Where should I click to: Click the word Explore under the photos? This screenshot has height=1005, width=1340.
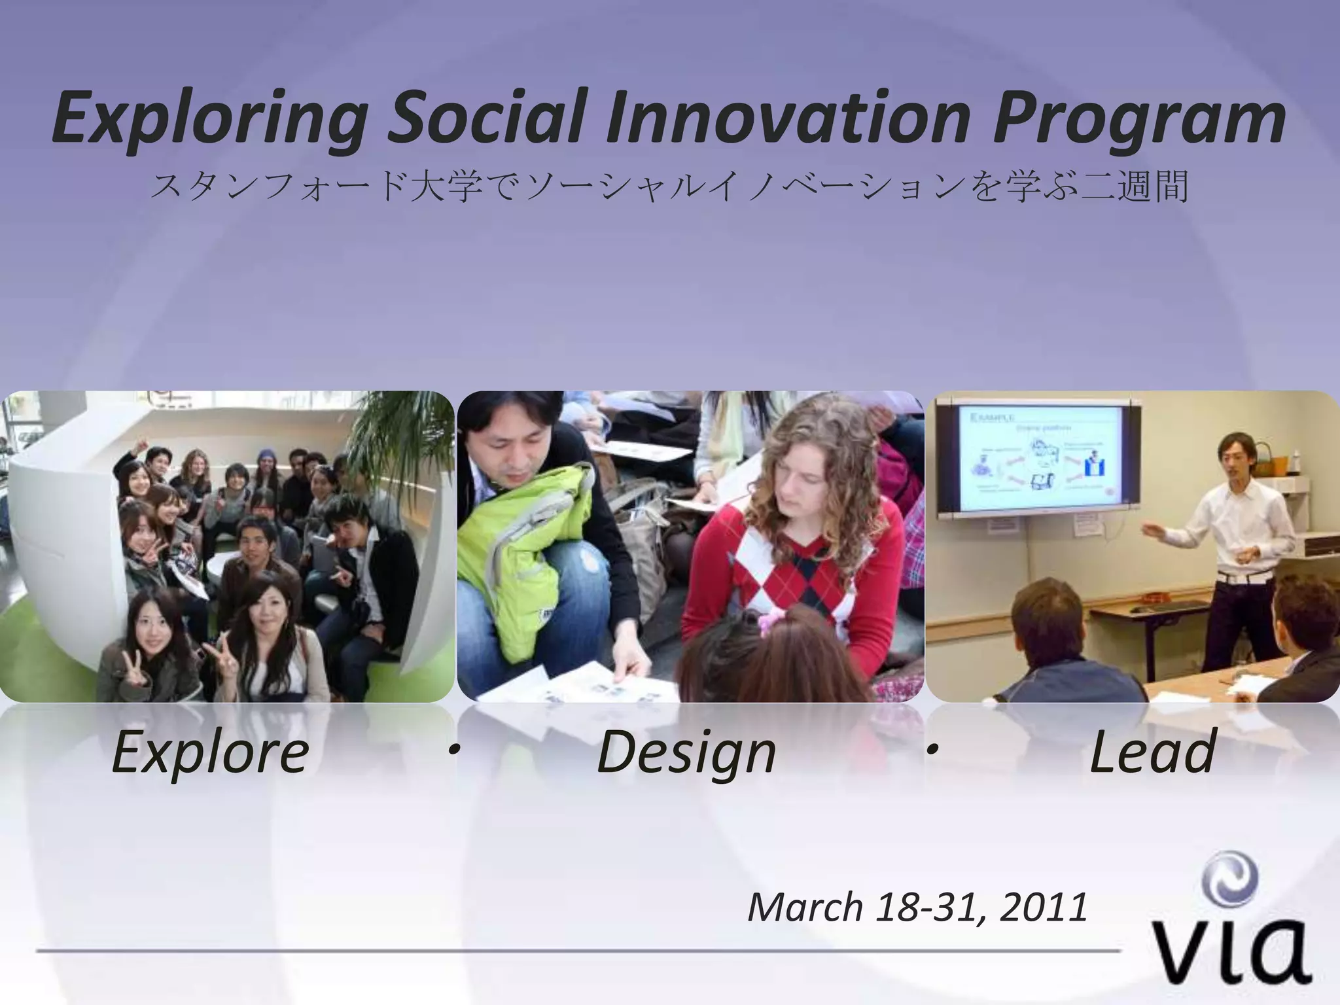point(210,752)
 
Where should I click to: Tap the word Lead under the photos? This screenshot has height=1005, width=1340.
point(1152,752)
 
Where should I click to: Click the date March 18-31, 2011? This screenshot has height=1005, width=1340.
point(917,908)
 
